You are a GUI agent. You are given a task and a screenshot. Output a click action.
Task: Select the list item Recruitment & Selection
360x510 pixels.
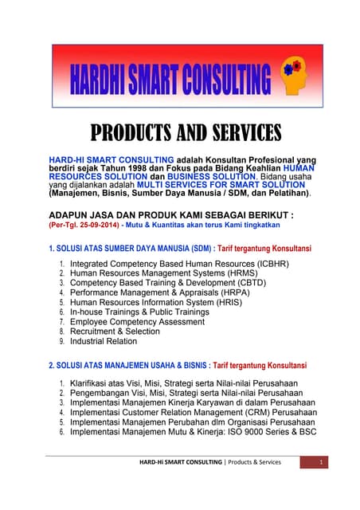click(115, 331)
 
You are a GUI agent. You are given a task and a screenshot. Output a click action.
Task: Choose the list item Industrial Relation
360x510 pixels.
click(104, 341)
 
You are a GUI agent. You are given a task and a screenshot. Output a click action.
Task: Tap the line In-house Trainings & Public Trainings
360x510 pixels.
click(139, 312)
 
